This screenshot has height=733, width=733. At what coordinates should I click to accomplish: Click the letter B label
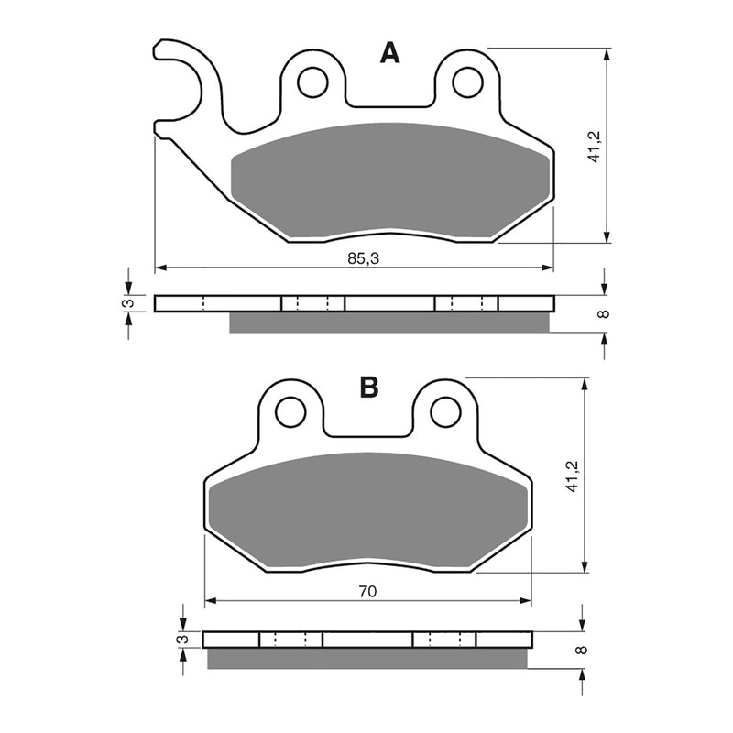[x=369, y=388]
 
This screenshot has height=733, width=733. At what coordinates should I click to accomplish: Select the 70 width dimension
[x=367, y=593]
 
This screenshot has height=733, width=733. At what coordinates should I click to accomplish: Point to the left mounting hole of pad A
[x=313, y=82]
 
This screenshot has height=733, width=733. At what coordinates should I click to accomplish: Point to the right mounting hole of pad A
[x=467, y=82]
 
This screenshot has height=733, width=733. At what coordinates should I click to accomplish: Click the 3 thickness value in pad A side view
[x=129, y=303]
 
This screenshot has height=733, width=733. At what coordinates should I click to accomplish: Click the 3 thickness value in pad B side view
[x=182, y=639]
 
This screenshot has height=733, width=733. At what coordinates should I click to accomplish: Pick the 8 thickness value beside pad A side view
[x=602, y=314]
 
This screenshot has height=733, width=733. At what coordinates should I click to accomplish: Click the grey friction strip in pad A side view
[x=389, y=323]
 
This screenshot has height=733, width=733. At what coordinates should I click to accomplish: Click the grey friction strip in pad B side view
[x=366, y=658]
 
